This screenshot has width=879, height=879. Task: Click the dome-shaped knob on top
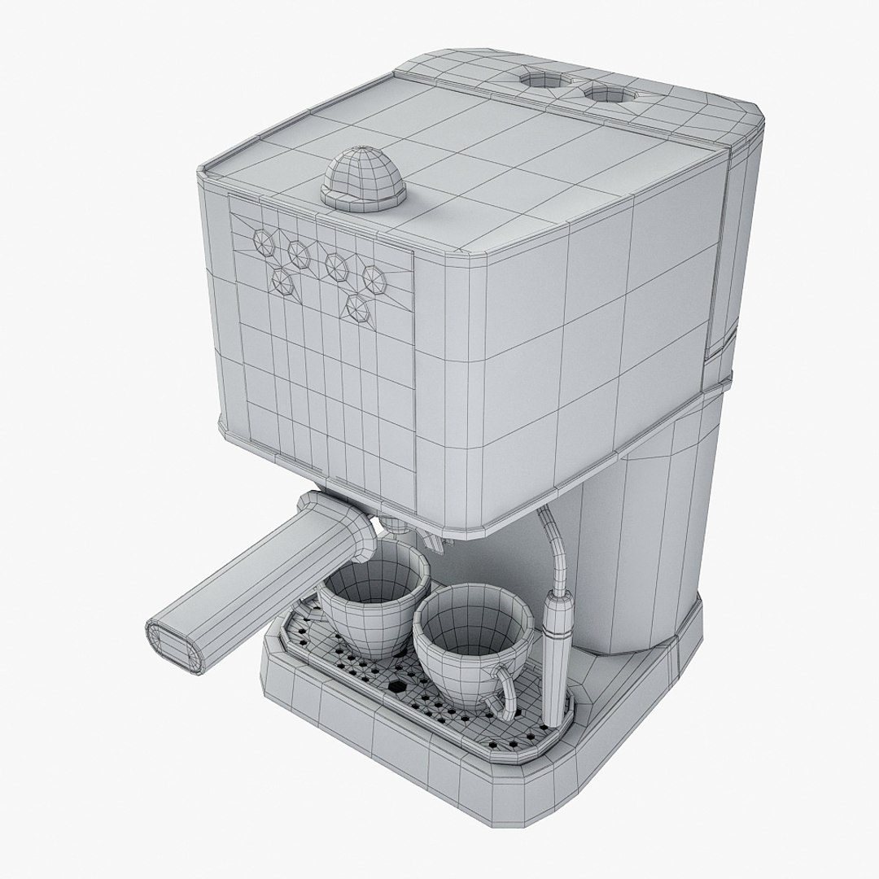[364, 176]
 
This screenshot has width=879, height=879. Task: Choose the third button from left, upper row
[335, 263]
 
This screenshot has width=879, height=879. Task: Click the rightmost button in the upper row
[375, 275]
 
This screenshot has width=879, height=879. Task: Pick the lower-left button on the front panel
[283, 282]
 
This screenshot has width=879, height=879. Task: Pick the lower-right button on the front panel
[356, 307]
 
